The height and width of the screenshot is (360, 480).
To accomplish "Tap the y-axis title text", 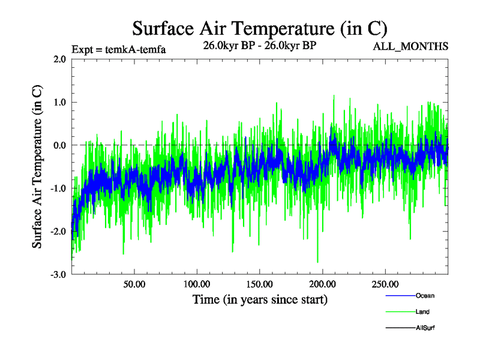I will tap(37, 167).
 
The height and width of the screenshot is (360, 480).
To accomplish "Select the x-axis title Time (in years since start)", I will tap(260, 299).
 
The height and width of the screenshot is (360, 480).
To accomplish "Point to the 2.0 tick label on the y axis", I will tap(59, 59).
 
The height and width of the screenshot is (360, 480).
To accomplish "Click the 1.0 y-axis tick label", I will tap(59, 102).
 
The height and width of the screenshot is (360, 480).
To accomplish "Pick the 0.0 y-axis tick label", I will tap(59, 145).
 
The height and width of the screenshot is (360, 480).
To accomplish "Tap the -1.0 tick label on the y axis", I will tap(58, 188).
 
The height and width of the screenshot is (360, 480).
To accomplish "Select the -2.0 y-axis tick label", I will tap(58, 232).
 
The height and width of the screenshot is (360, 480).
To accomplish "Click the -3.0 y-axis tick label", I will tap(58, 275).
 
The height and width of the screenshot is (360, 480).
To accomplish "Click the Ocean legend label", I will tap(425, 296).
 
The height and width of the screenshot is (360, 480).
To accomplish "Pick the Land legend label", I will tap(422, 312).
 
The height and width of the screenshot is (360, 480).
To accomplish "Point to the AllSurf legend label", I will tap(425, 328).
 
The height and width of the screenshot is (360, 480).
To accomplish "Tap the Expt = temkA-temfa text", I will tap(118, 49).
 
